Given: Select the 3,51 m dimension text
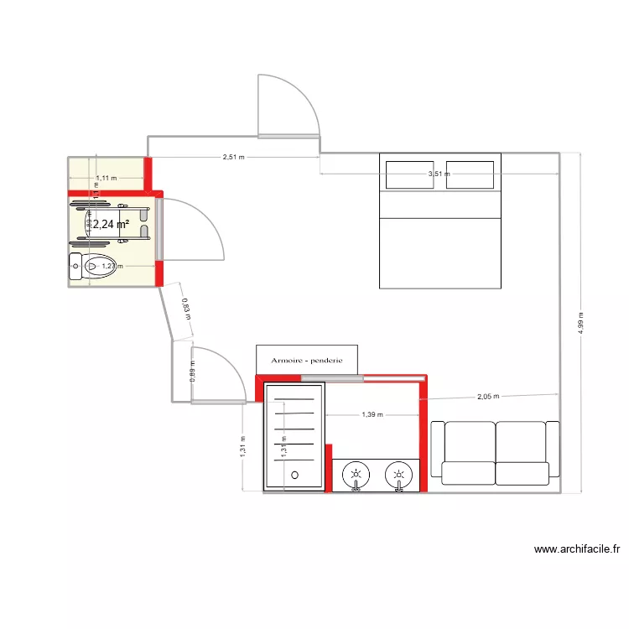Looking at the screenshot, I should [439, 174].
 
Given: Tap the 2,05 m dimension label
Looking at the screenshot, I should [488, 397].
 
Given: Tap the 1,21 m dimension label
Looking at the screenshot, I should [112, 267].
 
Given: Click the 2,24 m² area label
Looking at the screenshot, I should [110, 225].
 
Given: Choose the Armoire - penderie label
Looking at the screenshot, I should [307, 361].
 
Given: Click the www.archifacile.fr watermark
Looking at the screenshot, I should [577, 550].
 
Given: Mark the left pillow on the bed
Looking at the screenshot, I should [409, 174].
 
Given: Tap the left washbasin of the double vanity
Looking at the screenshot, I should [356, 476].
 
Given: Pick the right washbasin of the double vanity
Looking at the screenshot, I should [398, 476].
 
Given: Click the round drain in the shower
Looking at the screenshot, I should [294, 476].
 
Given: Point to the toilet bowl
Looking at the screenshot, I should [96, 265].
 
